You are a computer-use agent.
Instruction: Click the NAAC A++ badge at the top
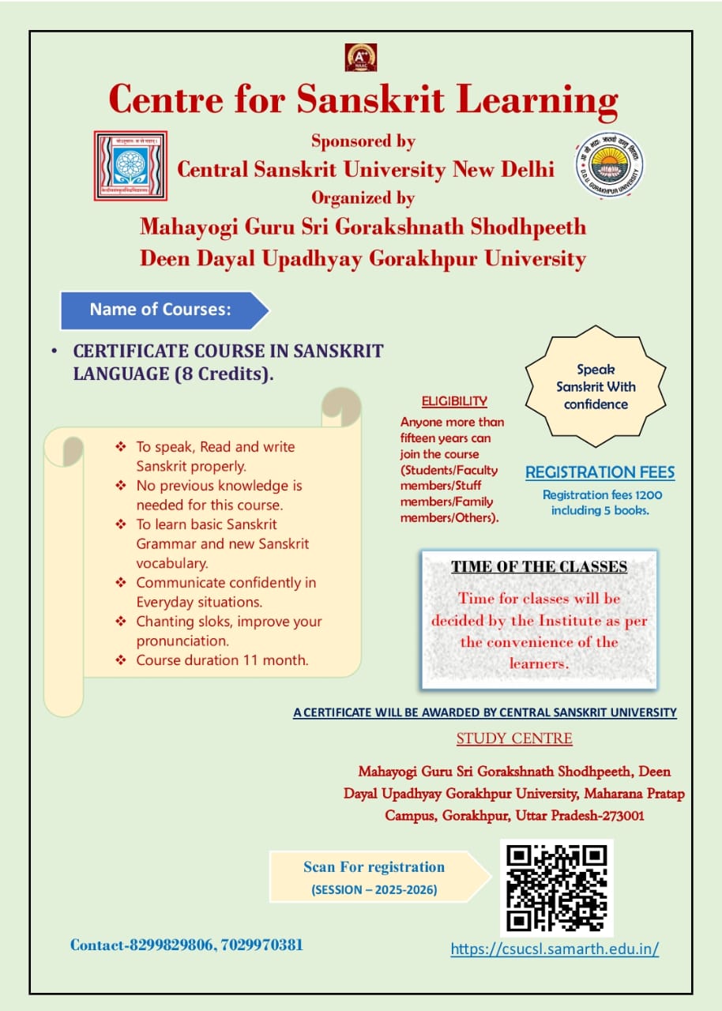point(360,57)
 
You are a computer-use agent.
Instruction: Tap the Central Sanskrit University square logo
point(130,166)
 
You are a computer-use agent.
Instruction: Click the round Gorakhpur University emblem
point(608,165)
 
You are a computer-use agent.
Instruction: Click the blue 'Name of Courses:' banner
point(162,310)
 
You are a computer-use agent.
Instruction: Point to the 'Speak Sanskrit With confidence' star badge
point(596,387)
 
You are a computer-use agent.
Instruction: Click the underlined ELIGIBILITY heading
point(453,401)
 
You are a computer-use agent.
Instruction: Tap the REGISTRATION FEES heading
point(600,473)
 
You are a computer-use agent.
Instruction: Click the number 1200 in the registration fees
point(648,495)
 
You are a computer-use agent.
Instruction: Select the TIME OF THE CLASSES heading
point(539,566)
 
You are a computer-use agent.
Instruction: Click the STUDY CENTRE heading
point(514,739)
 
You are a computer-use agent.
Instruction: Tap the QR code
point(556,887)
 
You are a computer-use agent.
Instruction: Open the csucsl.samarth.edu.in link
point(555,949)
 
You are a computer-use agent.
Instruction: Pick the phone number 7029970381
point(263,945)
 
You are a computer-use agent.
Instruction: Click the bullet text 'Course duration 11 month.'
point(222,660)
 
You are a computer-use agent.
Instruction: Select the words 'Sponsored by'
point(363,141)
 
